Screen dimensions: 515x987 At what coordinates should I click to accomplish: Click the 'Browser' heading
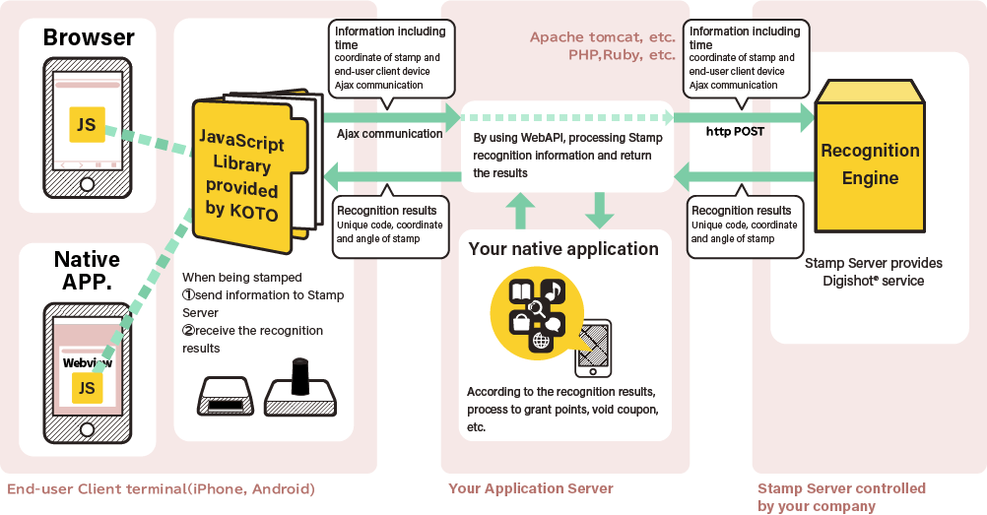click(89, 38)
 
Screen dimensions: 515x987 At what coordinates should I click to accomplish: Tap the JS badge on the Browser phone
click(88, 124)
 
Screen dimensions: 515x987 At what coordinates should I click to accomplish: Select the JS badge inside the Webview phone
click(87, 387)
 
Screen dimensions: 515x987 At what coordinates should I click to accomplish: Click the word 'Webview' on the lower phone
click(87, 362)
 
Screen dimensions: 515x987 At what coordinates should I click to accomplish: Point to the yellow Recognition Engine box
click(870, 163)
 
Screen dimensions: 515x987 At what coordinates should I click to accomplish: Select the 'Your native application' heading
click(563, 249)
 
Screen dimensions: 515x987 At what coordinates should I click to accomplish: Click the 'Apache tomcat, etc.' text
click(602, 37)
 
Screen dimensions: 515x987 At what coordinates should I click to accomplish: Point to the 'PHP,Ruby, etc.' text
click(621, 55)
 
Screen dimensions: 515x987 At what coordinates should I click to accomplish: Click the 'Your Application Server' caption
click(530, 488)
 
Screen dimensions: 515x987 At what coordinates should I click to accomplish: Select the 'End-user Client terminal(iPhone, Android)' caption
click(162, 489)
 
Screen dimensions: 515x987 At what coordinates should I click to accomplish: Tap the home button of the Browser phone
click(88, 184)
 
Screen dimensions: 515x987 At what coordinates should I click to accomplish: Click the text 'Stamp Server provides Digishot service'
click(873, 272)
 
